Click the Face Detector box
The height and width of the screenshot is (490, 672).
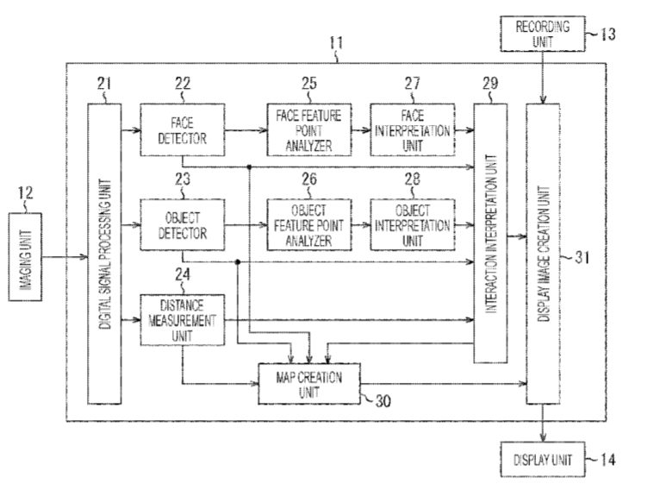[182, 130]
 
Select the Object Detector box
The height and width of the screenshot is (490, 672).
[182, 224]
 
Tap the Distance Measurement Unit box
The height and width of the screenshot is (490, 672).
[182, 320]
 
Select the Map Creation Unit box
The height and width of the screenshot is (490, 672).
[310, 381]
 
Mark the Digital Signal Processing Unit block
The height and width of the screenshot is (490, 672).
[104, 253]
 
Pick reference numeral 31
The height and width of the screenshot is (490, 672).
[582, 256]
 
